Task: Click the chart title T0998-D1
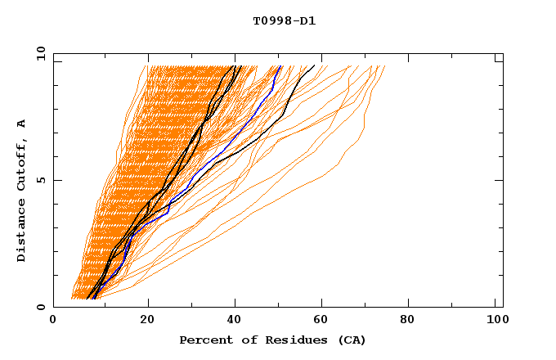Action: tap(284, 20)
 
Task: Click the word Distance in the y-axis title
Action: tap(22, 231)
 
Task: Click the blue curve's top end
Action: tap(280, 66)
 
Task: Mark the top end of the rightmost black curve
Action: tap(314, 65)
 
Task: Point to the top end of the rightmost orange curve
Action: tap(384, 66)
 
